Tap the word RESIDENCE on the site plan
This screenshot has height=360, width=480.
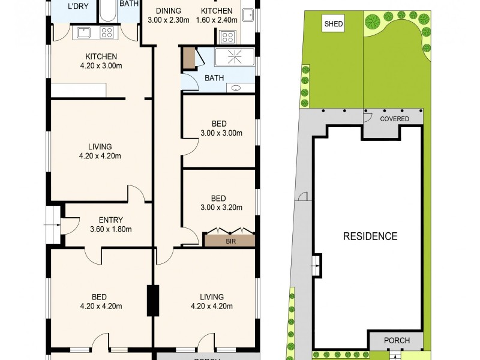(370, 236)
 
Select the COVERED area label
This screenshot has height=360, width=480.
(394, 119)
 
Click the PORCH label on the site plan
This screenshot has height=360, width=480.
(397, 340)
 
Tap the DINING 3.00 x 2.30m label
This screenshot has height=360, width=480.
(169, 15)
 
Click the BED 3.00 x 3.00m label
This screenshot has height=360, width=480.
(218, 128)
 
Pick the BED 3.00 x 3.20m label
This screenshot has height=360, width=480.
(218, 203)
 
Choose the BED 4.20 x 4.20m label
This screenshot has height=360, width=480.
(100, 301)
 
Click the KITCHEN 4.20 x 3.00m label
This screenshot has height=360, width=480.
(100, 61)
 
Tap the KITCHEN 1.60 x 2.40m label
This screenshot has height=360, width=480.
(216, 15)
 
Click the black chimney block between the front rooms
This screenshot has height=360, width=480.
(153, 301)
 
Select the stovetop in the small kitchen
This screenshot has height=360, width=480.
(228, 37)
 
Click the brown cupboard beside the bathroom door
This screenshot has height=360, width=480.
(189, 58)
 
